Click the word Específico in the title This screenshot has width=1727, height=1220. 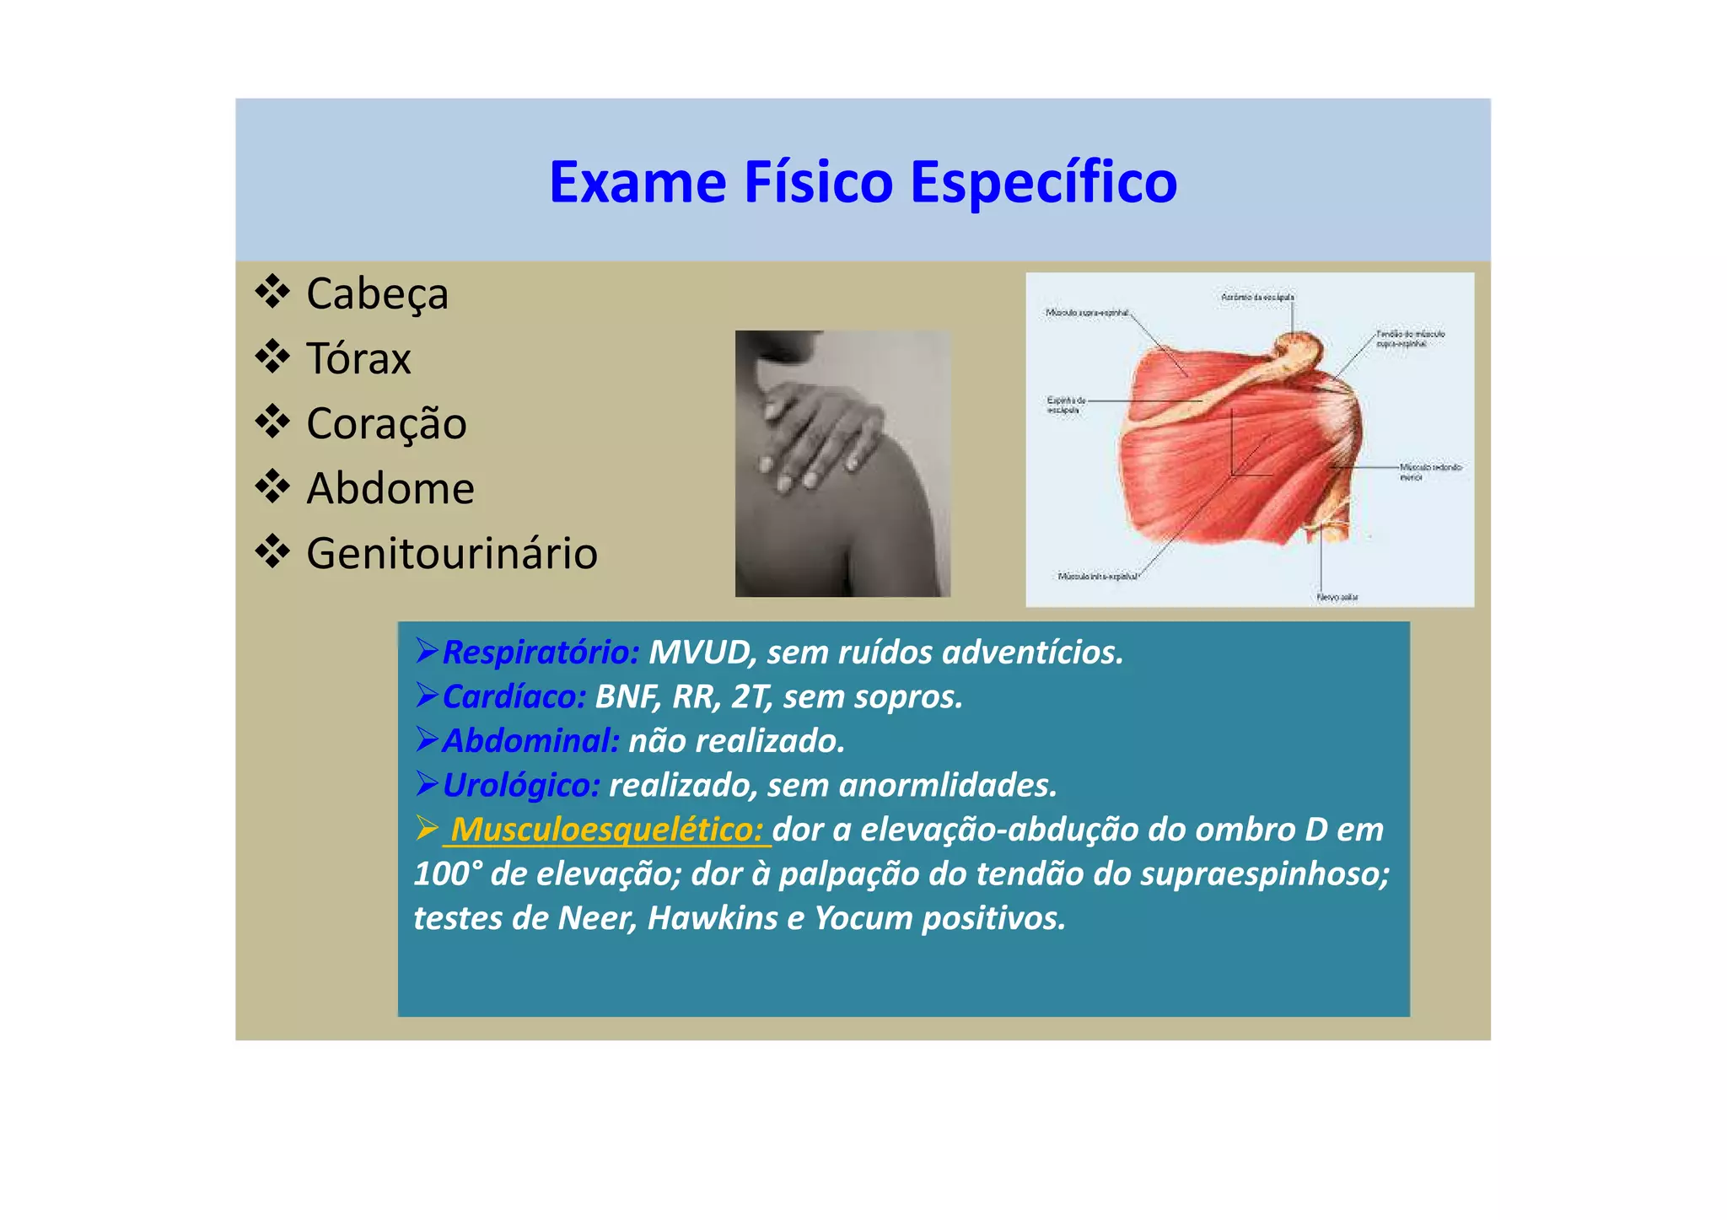(x=1043, y=182)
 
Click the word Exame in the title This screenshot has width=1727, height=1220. (x=638, y=182)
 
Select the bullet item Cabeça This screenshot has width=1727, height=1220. (x=377, y=294)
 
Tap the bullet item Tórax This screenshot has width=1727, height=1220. (x=358, y=359)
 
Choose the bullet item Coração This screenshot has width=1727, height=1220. (x=386, y=423)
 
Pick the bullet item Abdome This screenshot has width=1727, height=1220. (x=390, y=488)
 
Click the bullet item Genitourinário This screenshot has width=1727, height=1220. (x=452, y=554)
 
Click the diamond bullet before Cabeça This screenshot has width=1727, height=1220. (x=272, y=292)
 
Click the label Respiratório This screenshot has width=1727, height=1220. (x=541, y=652)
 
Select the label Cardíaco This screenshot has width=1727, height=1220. (x=514, y=696)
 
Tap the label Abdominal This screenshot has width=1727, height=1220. (x=530, y=741)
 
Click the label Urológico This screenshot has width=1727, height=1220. (x=520, y=785)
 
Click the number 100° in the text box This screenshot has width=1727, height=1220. (x=447, y=874)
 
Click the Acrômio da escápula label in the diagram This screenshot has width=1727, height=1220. (x=1257, y=297)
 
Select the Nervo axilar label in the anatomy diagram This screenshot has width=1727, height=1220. (x=1337, y=597)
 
